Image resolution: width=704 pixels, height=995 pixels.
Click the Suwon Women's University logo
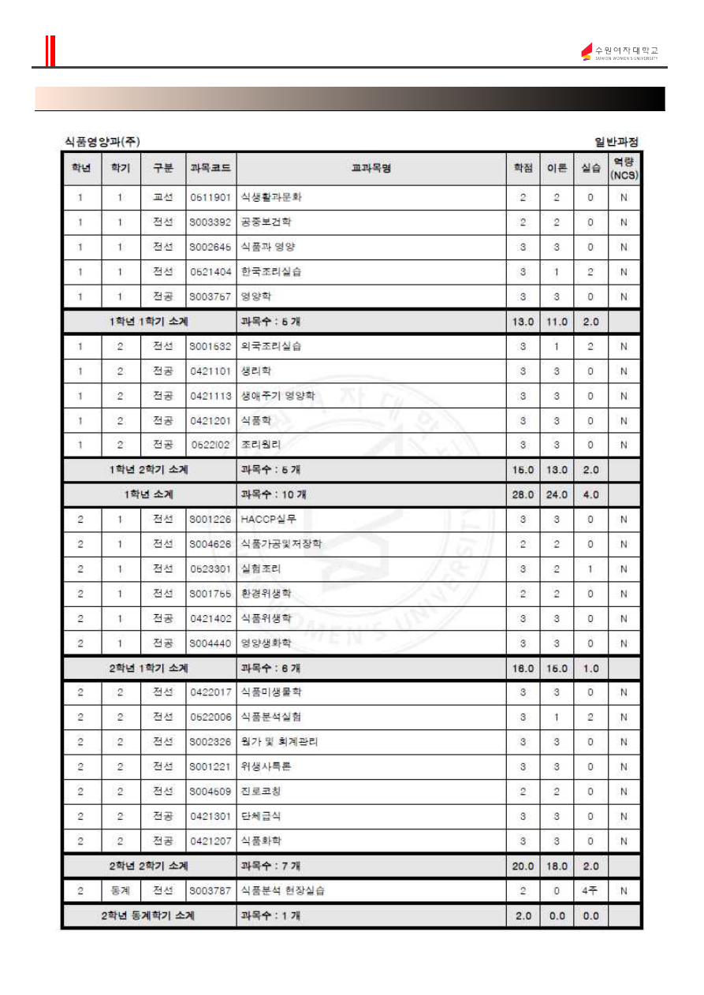[x=620, y=52]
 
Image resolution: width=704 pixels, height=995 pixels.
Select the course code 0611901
[x=210, y=198]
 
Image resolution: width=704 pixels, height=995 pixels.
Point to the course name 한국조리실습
[x=271, y=272]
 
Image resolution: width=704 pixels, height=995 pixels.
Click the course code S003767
[x=210, y=296]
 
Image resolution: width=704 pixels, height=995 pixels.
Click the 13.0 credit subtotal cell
[x=523, y=322]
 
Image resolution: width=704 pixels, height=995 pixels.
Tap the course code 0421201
[x=210, y=420]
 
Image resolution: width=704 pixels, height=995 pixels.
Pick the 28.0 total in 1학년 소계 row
[x=523, y=495]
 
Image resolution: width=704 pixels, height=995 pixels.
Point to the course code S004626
[x=210, y=544]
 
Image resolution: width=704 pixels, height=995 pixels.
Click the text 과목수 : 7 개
[x=270, y=866]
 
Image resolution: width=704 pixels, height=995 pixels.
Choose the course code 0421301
[x=210, y=816]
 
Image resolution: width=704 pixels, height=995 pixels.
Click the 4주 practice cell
[x=590, y=891]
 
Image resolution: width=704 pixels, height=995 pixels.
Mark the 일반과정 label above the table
[x=616, y=142]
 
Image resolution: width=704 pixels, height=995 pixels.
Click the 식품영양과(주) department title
[x=102, y=142]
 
